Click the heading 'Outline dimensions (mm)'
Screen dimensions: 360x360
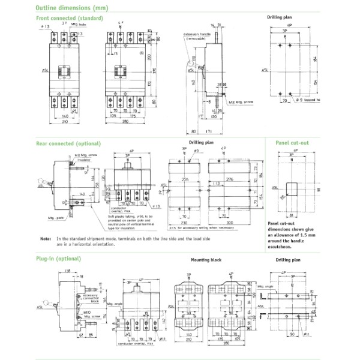72,9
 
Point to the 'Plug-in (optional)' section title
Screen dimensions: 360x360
58,259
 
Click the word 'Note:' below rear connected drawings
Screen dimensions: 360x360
46,238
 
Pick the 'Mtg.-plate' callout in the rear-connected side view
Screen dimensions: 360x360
55,219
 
